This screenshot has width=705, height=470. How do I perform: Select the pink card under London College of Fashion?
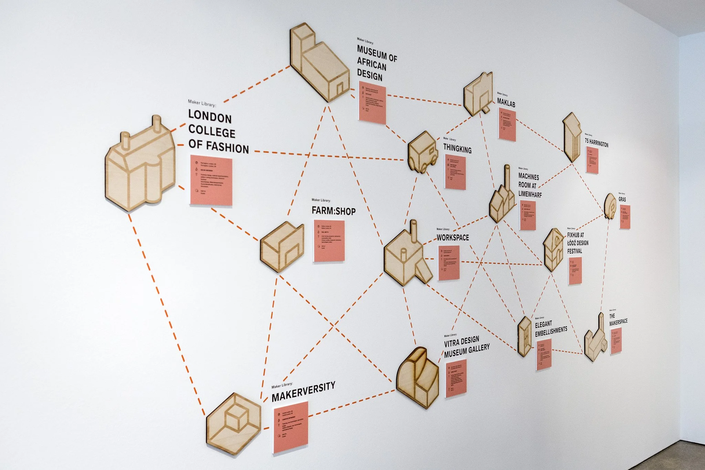(x=211, y=181)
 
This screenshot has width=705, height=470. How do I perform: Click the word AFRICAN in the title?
(x=371, y=64)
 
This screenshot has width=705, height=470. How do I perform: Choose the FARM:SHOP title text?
(x=334, y=211)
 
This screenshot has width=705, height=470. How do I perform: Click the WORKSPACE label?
(x=453, y=237)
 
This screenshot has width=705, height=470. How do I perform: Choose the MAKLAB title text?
(x=506, y=102)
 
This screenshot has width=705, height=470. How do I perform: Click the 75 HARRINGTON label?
(x=596, y=143)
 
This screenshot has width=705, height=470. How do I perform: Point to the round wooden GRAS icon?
(x=610, y=206)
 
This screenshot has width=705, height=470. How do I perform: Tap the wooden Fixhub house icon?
(x=553, y=249)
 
